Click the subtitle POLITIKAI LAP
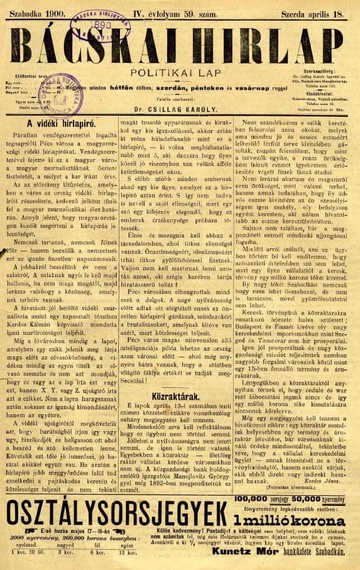180,74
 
